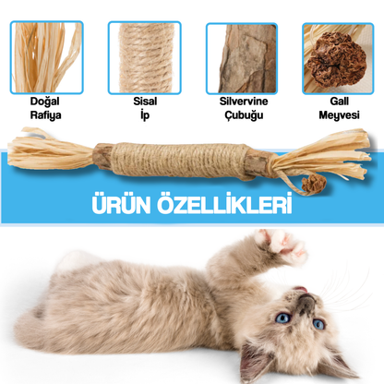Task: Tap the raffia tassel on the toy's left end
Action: pos(42,153)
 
